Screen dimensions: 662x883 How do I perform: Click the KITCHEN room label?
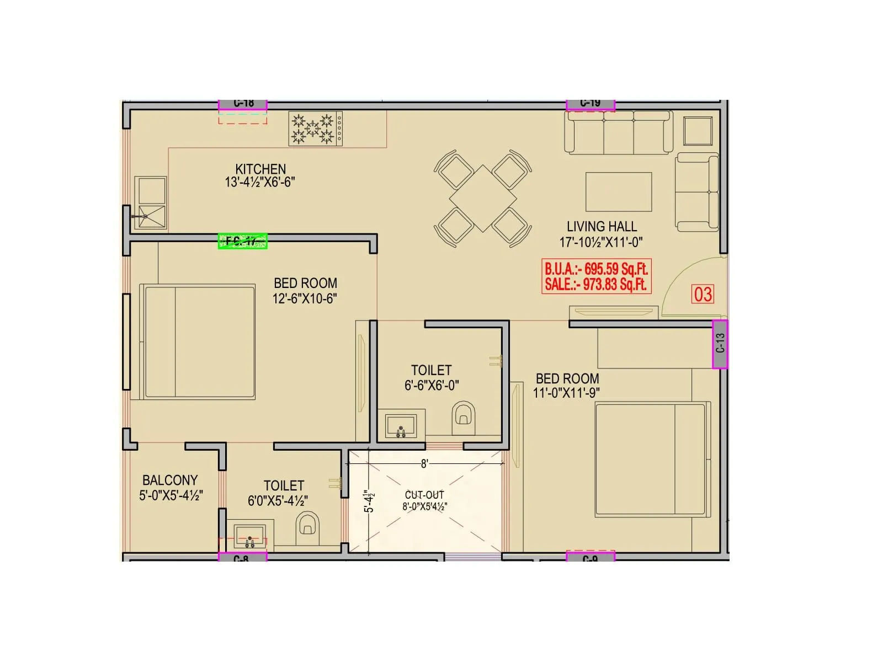point(260,169)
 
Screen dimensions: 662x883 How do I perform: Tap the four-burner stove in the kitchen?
point(315,129)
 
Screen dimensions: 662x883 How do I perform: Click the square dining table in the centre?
point(483,198)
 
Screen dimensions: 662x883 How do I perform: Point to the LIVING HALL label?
point(602,226)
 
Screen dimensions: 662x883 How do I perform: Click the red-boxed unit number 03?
point(703,294)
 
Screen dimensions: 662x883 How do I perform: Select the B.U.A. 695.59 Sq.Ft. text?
point(596,269)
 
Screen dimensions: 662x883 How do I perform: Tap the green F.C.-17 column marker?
point(243,241)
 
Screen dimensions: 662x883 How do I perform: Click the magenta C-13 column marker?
point(720,344)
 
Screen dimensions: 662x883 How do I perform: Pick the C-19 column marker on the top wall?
point(591,104)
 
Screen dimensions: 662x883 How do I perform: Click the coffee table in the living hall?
point(619,191)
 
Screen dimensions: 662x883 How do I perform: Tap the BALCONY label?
point(170,480)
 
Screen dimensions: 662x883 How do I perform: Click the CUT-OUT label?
point(424,495)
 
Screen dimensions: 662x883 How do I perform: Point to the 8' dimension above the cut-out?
point(424,464)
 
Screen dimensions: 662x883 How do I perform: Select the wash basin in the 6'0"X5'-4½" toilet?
point(250,535)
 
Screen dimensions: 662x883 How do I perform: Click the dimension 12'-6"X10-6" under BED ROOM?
point(305,298)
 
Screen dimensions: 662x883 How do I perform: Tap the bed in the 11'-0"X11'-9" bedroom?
point(650,460)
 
